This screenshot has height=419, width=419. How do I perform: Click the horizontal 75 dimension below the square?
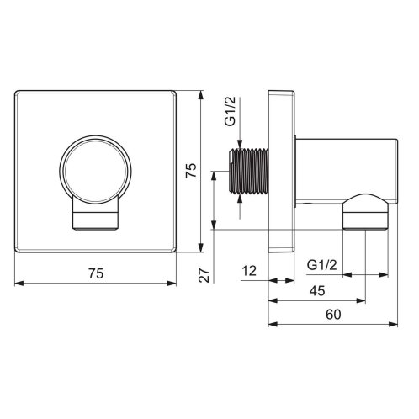(x=96, y=273)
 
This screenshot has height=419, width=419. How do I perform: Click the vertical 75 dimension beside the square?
(x=192, y=170)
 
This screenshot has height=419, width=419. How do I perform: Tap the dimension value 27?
(x=204, y=275)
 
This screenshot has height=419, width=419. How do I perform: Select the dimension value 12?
(x=249, y=271)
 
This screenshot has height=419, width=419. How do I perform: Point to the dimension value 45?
(x=317, y=291)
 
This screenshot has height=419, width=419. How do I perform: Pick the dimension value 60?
(x=333, y=315)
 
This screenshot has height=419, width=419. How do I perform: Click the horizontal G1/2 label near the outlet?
(x=321, y=265)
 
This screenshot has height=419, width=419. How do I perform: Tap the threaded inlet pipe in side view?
(x=249, y=171)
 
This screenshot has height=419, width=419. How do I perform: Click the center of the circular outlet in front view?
(x=95, y=170)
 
